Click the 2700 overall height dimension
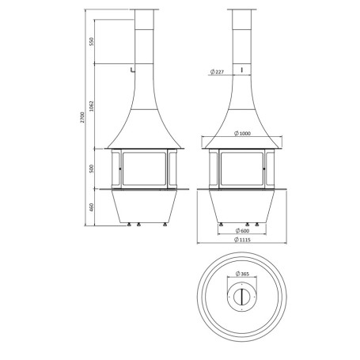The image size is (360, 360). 82,117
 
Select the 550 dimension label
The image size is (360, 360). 92,42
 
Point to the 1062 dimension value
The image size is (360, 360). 92,106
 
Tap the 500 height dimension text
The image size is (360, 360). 92,169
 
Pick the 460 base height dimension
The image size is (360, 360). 92,207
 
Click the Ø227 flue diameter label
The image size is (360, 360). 217,72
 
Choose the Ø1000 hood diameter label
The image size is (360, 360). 242,134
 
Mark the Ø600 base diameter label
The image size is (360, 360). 242,231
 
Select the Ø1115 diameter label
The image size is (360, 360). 242,240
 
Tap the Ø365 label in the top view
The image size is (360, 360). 242,274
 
